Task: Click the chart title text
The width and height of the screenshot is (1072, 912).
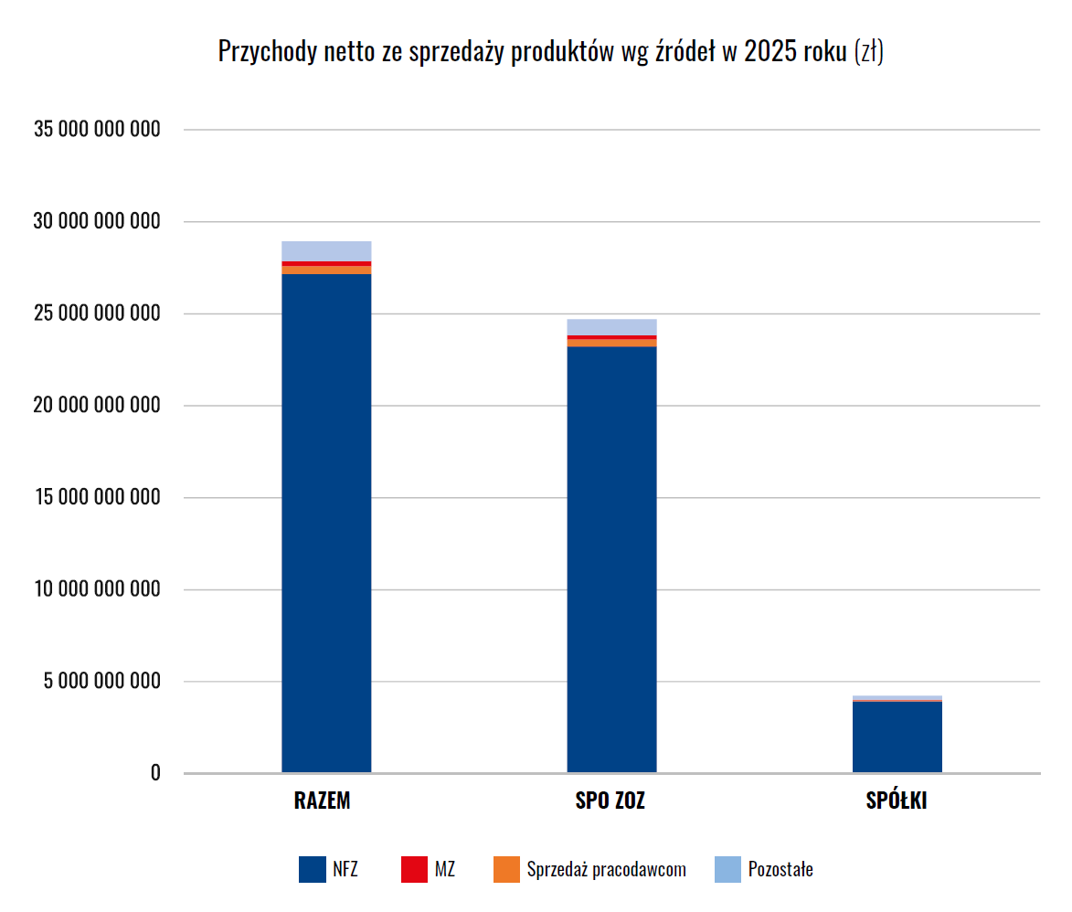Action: coord(550,52)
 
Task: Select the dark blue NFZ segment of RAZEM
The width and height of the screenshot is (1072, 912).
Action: coord(326,521)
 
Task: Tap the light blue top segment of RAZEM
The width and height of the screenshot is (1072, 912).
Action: coord(326,251)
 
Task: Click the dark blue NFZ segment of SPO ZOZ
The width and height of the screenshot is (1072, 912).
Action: coord(611,557)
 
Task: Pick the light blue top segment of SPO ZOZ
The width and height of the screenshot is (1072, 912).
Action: coord(611,327)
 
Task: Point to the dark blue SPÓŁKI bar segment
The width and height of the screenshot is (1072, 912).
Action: coord(897,737)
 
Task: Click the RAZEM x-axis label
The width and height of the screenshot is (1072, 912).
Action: coord(323,801)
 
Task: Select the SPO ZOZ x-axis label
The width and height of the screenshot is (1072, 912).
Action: coord(610,801)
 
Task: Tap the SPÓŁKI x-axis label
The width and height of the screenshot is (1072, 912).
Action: coord(897,801)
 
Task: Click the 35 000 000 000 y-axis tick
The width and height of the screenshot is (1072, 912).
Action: coord(97,130)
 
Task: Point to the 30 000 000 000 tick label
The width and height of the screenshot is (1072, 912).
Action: coord(97,222)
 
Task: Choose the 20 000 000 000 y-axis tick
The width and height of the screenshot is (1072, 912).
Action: coord(97,406)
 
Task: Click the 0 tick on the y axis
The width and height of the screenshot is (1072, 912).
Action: coord(155,773)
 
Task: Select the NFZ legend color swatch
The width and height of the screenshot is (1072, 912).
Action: coord(312,869)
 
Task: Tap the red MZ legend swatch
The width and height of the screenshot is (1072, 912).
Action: coord(414,869)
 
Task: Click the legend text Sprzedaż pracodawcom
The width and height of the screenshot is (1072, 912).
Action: coord(606,869)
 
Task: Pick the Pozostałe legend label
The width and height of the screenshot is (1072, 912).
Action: coord(780,869)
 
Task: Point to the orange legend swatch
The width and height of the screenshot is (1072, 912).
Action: coord(505,869)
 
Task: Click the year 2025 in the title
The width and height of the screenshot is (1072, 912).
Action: coord(769,52)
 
